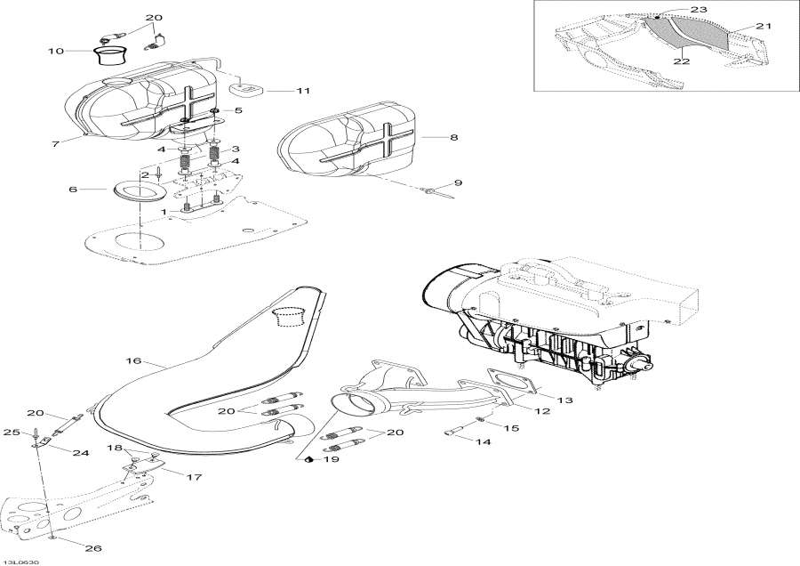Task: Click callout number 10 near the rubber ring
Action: click(56, 51)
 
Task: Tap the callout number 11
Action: click(303, 91)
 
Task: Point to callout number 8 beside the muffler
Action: click(453, 137)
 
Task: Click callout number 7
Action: click(56, 144)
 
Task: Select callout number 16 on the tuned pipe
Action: click(133, 360)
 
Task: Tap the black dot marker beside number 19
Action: click(308, 460)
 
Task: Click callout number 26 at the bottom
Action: click(93, 548)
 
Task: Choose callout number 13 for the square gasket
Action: click(564, 400)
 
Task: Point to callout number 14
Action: click(483, 441)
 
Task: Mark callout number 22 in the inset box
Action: click(682, 61)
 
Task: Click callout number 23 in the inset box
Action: click(699, 9)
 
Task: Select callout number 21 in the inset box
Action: click(764, 26)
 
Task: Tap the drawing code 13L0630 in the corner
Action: click(18, 562)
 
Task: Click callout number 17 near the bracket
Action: click(195, 477)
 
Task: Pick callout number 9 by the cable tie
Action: click(458, 182)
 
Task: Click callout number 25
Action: click(12, 433)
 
